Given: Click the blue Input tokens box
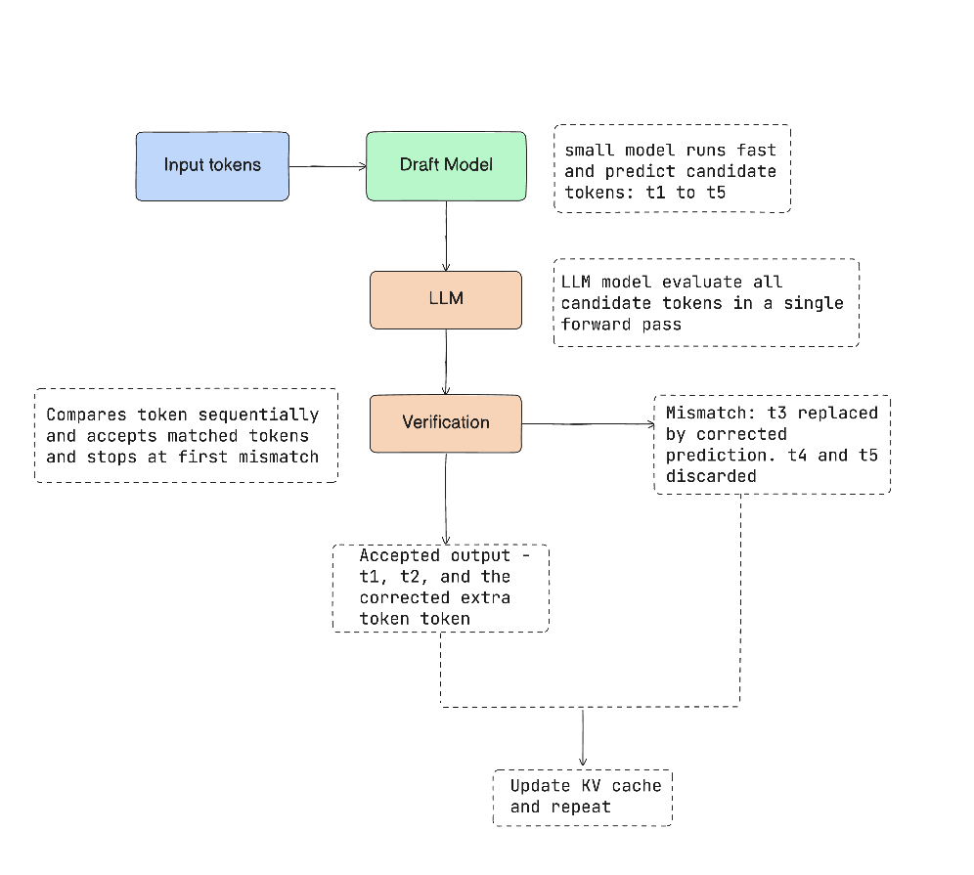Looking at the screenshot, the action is tap(212, 166).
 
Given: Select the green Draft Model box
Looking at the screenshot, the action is tap(446, 166).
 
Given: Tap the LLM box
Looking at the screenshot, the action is tap(446, 300).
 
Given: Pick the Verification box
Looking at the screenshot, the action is tap(446, 423).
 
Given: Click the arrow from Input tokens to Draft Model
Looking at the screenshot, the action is tap(328, 166).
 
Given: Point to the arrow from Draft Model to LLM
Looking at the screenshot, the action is tap(446, 236).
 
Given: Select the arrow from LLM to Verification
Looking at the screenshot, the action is tap(446, 362).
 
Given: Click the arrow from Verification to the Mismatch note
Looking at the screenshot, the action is tap(589, 424).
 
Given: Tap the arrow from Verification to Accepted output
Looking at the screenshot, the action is tap(446, 499).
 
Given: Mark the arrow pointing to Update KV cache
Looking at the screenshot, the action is tap(583, 738).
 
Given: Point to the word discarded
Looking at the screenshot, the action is tap(711, 476).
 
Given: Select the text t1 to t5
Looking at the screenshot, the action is tap(686, 193).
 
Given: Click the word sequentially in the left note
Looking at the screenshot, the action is tap(258, 415).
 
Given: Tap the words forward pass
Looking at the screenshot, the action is tap(621, 325).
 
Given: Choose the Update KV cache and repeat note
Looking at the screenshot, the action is tap(583, 798).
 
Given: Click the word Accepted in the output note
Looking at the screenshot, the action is tap(399, 555).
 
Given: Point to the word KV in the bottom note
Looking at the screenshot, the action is tap(592, 786).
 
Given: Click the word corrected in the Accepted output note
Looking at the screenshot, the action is tap(405, 597).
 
